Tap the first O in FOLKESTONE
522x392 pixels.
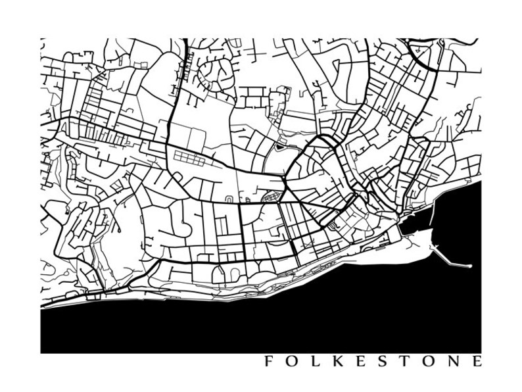pyautogui.click(x=291, y=361)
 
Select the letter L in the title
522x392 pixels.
pyautogui.click(x=314, y=361)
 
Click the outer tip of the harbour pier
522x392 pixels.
pyautogui.click(x=471, y=266)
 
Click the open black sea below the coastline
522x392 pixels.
pyautogui.click(x=263, y=322)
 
